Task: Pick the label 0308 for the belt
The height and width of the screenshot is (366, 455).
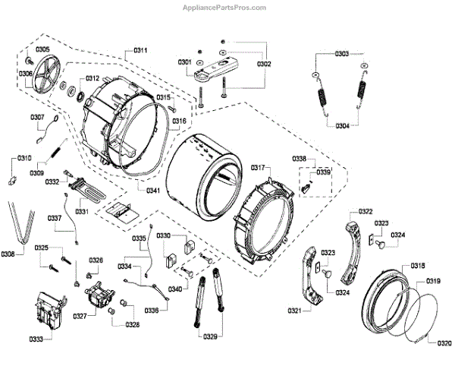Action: [8, 254]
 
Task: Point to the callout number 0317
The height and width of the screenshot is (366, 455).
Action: [259, 167]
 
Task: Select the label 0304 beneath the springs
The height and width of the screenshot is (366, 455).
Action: [342, 126]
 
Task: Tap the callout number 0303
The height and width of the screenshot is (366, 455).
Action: [340, 54]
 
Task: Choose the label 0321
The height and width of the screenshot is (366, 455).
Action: [297, 311]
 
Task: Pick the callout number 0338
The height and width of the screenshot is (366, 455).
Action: [300, 159]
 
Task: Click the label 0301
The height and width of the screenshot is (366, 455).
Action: [185, 62]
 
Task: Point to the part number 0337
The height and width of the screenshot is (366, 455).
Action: [55, 218]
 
